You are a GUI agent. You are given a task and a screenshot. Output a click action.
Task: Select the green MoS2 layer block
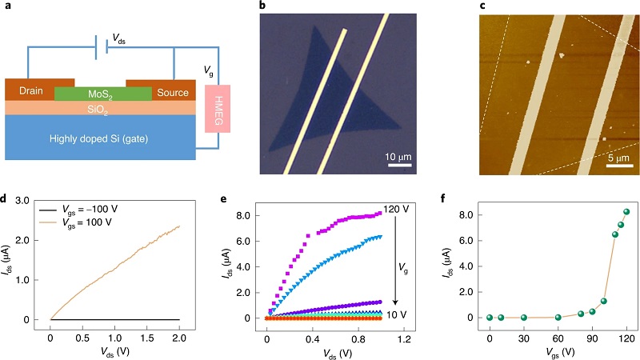102,94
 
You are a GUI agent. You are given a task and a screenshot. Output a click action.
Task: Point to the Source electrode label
170,90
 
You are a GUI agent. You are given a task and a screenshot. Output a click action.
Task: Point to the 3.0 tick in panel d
33,202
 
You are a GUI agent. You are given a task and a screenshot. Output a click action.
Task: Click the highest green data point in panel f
627,212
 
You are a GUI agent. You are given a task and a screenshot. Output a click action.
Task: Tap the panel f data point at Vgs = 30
524,318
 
